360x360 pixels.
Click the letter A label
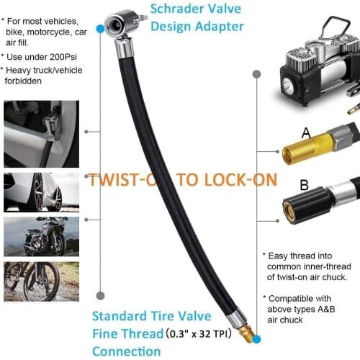(285, 132)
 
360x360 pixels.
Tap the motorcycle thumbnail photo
(41, 236)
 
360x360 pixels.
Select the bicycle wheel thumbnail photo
(41, 282)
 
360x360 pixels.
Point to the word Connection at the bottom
(127, 351)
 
